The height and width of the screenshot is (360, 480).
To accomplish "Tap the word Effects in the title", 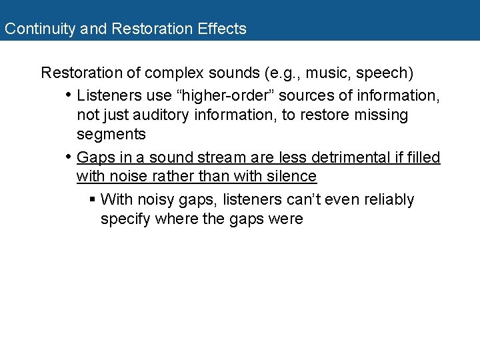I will [222, 29].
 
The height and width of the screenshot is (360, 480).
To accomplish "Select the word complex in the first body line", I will [172, 72].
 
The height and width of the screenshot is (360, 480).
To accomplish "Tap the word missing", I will [377, 115].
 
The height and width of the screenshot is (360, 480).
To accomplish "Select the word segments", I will [111, 134].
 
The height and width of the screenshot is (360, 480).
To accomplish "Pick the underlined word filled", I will [423, 157].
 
